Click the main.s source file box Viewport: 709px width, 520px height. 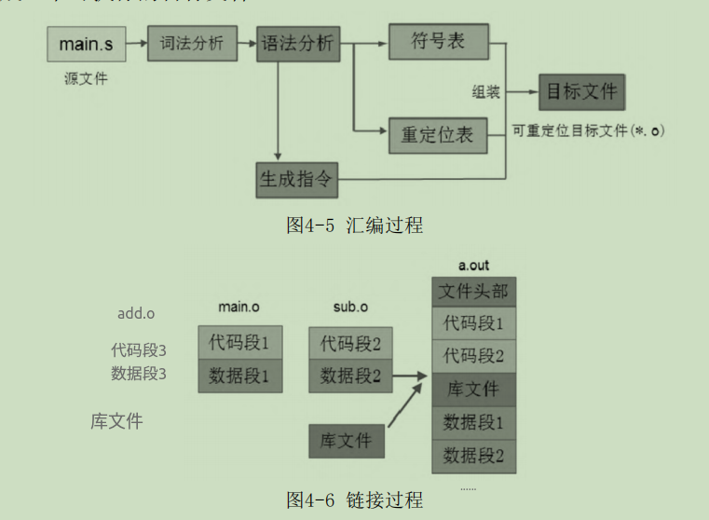tap(86, 44)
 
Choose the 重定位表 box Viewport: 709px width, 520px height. tap(437, 135)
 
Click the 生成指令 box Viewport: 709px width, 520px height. tap(296, 179)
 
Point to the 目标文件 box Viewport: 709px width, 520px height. tap(581, 93)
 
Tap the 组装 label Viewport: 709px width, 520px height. tap(485, 93)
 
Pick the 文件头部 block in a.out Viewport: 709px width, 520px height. tap(473, 293)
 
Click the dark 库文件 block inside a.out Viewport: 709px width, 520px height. tap(473, 390)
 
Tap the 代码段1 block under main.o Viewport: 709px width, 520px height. tap(239, 342)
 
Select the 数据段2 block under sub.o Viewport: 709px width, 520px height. tap(350, 376)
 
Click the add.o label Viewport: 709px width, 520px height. tap(136, 313)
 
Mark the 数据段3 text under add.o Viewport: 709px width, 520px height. tap(139, 374)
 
